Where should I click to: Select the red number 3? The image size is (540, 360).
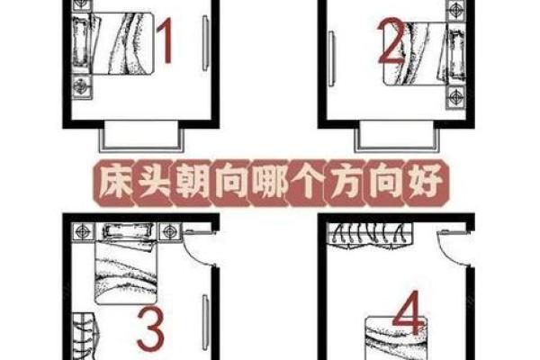(x=150, y=330)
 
